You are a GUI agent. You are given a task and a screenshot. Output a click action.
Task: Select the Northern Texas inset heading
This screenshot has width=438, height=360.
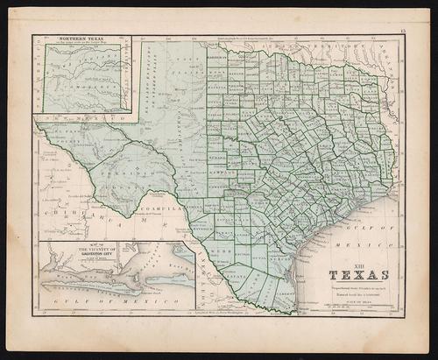pyautogui.click(x=81, y=40)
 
